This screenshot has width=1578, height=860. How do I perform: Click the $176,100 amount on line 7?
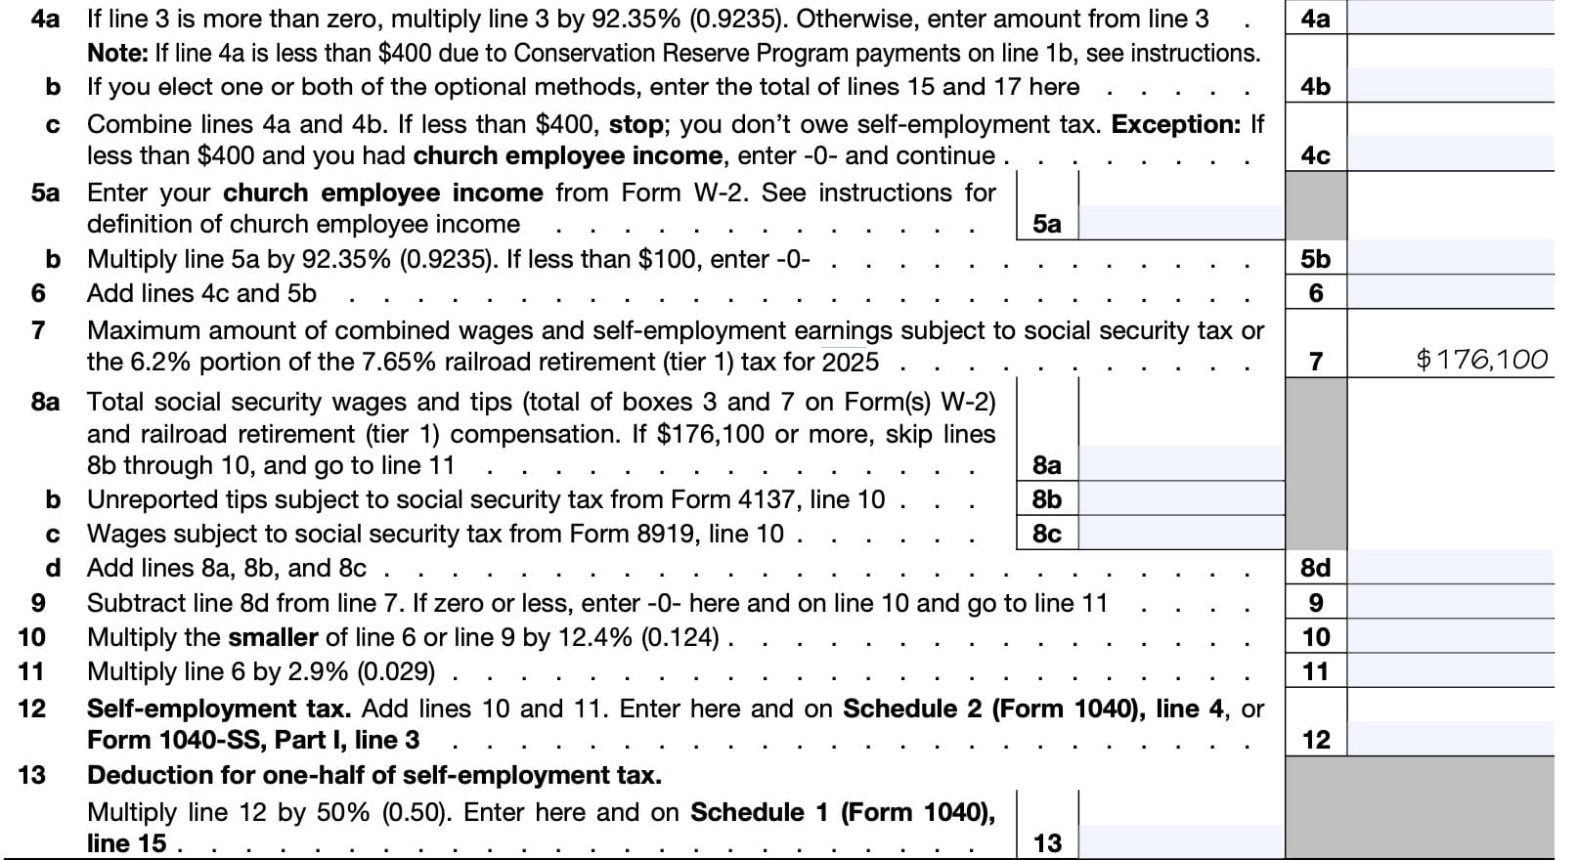(x=1481, y=361)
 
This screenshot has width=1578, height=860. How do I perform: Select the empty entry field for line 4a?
(x=1450, y=19)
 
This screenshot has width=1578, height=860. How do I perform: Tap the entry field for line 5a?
(x=1180, y=223)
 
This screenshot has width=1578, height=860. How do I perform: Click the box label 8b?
(x=1046, y=499)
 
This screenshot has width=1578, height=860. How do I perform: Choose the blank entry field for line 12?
(x=1450, y=739)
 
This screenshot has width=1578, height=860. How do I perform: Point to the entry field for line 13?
(x=1180, y=841)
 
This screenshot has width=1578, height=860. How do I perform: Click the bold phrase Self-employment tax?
(x=218, y=709)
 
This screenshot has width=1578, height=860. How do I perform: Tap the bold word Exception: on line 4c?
(x=1176, y=125)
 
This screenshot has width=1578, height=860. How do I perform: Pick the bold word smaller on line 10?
(x=273, y=637)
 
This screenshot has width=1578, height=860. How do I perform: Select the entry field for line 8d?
(x=1450, y=568)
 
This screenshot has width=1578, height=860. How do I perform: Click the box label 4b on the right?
(x=1315, y=87)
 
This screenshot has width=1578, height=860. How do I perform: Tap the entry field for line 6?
(x=1450, y=293)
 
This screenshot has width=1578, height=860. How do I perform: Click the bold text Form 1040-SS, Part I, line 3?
(x=253, y=740)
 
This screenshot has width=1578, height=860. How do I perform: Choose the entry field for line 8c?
(x=1180, y=534)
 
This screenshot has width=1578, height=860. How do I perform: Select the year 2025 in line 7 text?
(x=850, y=363)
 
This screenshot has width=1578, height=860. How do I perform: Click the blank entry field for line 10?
(x=1450, y=637)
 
